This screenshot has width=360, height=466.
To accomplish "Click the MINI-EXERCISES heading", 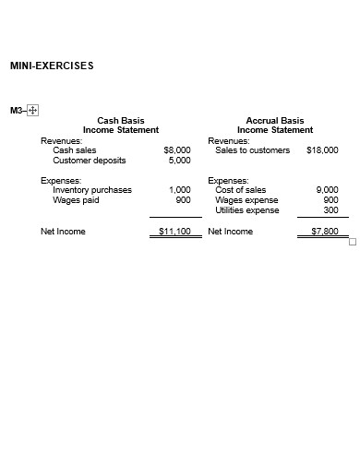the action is click(52, 66).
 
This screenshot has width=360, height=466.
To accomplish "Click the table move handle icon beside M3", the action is click(33, 111).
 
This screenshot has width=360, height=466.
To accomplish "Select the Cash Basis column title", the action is click(121, 120).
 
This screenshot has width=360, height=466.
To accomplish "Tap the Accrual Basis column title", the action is click(275, 120).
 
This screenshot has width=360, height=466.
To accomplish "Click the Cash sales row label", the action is click(75, 149).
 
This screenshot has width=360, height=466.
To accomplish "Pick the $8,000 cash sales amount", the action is click(177, 149).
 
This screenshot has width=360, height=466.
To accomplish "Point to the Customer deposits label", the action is click(90, 160).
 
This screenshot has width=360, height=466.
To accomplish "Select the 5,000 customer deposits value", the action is click(180, 160).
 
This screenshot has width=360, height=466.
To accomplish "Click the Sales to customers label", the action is click(252, 149).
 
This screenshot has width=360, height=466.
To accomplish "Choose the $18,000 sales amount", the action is click(321, 149).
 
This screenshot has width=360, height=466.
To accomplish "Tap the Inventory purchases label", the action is click(92, 190).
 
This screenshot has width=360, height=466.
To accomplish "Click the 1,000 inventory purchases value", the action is click(180, 190).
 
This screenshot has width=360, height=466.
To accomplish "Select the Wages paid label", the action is click(77, 199).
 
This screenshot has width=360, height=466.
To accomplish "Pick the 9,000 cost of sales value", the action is click(327, 190).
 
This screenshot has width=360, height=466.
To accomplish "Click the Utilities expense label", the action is click(246, 210).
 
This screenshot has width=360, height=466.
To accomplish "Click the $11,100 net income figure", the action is click(174, 232).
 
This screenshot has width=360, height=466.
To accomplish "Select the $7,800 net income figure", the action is click(324, 232).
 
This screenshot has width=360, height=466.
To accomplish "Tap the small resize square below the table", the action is click(351, 242).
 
